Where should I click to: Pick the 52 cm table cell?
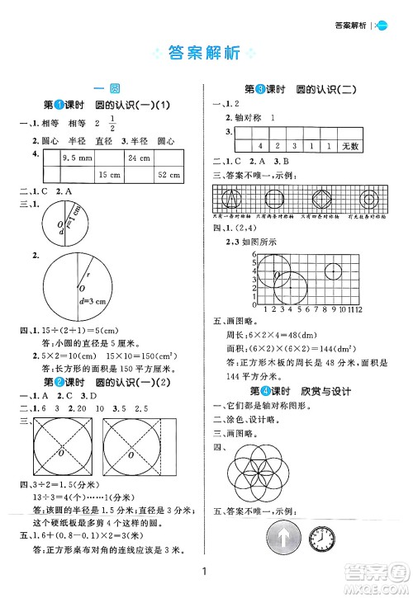pyautogui.click(x=169, y=175)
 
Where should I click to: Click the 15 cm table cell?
pyautogui.click(x=107, y=175)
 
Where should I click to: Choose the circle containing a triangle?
pyautogui.click(x=234, y=199)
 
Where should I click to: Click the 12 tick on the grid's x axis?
pyautogui.click(x=359, y=310)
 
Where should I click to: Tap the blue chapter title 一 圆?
pyautogui.click(x=107, y=88)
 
